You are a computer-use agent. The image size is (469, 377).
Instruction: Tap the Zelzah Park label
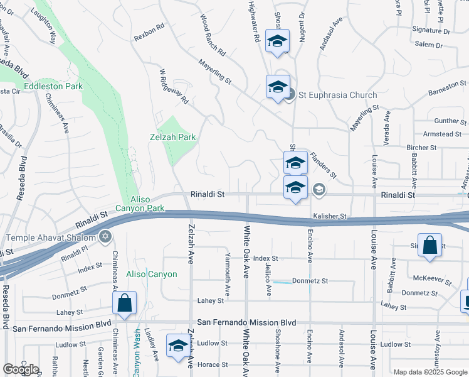coord(173,137)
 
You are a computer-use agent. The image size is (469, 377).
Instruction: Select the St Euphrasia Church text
coord(337,96)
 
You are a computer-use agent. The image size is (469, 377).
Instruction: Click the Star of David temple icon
coord(105,238)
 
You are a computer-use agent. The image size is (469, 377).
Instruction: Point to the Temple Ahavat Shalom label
coord(50,238)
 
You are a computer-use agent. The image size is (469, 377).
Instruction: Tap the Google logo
coord(21,369)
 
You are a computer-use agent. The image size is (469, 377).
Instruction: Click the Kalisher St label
coord(330,216)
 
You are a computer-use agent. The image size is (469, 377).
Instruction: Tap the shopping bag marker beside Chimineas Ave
coord(125,303)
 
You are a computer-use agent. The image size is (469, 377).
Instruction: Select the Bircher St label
coord(421,148)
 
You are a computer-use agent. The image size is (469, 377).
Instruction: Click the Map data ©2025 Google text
coord(429,372)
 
